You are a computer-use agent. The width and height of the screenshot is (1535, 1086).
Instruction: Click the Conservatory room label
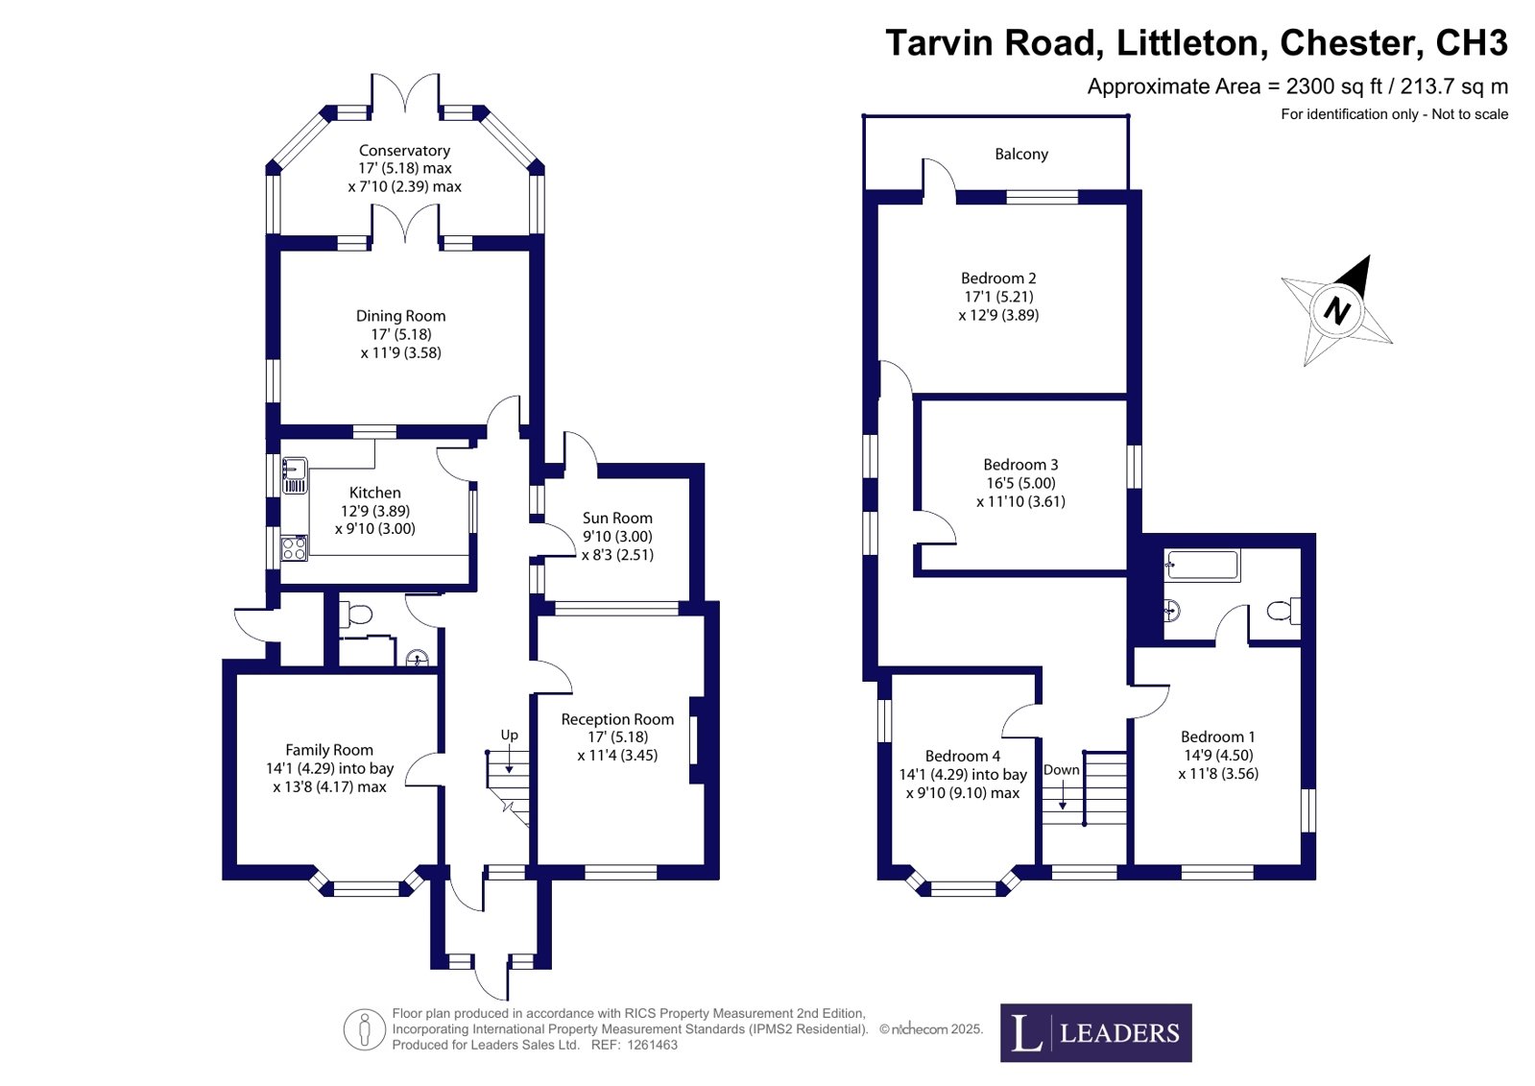(404, 150)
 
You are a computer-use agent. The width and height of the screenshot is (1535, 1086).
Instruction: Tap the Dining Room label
(400, 316)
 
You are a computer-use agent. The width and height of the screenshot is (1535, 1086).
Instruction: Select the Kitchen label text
(374, 493)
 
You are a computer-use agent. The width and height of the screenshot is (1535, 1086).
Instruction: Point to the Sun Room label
(616, 518)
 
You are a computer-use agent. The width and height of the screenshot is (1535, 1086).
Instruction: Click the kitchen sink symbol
(295, 476)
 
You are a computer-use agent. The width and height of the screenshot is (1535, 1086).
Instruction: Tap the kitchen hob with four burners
(294, 548)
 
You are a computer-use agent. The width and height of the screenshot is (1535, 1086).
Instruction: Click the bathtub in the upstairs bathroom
(1203, 566)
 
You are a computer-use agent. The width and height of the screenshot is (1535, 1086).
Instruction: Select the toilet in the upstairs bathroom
(1283, 610)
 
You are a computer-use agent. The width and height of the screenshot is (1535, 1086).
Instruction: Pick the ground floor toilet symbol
(355, 615)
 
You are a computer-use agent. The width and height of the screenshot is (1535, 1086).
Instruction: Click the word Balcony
(1021, 154)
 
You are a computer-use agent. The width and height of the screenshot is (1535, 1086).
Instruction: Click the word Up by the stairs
(509, 735)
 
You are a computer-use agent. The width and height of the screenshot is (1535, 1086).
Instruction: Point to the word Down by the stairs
(1062, 769)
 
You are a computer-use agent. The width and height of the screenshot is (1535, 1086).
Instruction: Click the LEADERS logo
(1095, 1033)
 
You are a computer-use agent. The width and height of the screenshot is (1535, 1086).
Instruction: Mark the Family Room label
(329, 750)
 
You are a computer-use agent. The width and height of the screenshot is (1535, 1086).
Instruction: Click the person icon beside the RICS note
(365, 1029)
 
